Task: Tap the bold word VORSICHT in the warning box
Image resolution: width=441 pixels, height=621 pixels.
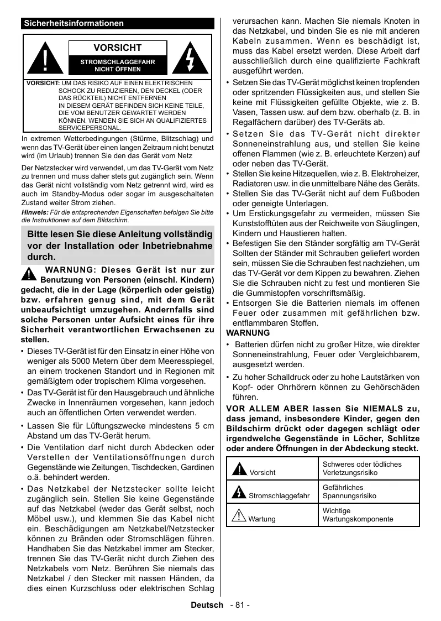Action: click(117, 48)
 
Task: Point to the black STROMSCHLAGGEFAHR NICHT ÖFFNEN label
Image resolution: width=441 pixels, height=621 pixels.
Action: click(117, 66)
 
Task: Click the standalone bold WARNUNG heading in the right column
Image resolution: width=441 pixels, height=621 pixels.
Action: click(249, 333)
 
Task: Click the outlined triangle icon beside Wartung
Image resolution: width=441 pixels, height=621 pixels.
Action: click(239, 515)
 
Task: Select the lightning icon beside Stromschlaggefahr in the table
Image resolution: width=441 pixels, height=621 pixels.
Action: click(239, 492)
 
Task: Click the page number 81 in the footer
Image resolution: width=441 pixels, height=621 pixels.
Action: click(239, 605)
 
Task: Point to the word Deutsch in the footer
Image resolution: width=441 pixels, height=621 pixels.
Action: click(207, 605)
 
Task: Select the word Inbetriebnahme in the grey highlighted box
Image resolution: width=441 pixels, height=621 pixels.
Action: click(181, 245)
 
